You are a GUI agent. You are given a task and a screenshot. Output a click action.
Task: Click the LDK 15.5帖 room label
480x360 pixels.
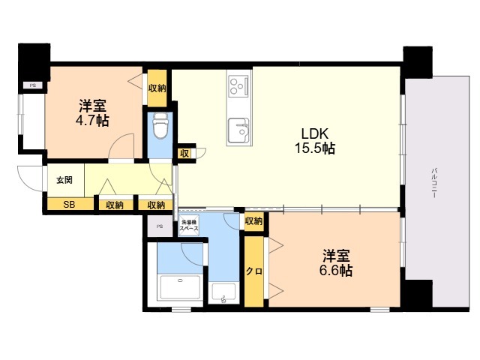(x=315, y=141)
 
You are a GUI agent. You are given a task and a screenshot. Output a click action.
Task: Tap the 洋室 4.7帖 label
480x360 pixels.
(x=92, y=113)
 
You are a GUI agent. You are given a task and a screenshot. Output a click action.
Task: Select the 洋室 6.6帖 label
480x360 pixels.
(x=336, y=263)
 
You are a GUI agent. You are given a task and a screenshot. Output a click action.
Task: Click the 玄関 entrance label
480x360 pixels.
(x=64, y=180)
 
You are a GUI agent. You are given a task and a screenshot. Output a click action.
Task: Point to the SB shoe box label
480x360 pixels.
(x=69, y=204)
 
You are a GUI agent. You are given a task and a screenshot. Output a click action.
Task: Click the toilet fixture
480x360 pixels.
(x=160, y=127)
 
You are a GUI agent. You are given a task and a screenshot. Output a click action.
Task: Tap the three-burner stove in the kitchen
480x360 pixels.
(x=238, y=86)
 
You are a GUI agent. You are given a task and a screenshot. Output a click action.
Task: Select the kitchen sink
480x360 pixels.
(x=238, y=130)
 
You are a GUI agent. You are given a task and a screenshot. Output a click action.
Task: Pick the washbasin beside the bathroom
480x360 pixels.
(x=223, y=293)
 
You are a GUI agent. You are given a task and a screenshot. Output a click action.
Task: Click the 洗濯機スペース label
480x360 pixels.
(x=189, y=225)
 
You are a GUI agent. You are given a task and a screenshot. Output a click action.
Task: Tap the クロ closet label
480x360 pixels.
(x=254, y=271)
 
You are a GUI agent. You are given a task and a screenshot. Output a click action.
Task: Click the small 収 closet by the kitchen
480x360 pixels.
(x=184, y=153)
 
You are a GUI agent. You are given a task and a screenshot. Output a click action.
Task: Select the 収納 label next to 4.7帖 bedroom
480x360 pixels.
(x=157, y=88)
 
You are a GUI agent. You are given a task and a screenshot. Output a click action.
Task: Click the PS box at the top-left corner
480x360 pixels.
(x=33, y=85)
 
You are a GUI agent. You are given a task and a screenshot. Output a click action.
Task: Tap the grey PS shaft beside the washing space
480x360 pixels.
(x=160, y=226)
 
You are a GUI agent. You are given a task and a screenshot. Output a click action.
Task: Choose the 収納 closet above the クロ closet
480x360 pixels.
(x=253, y=220)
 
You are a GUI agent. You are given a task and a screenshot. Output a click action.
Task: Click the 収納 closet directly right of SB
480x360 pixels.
(x=115, y=205)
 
